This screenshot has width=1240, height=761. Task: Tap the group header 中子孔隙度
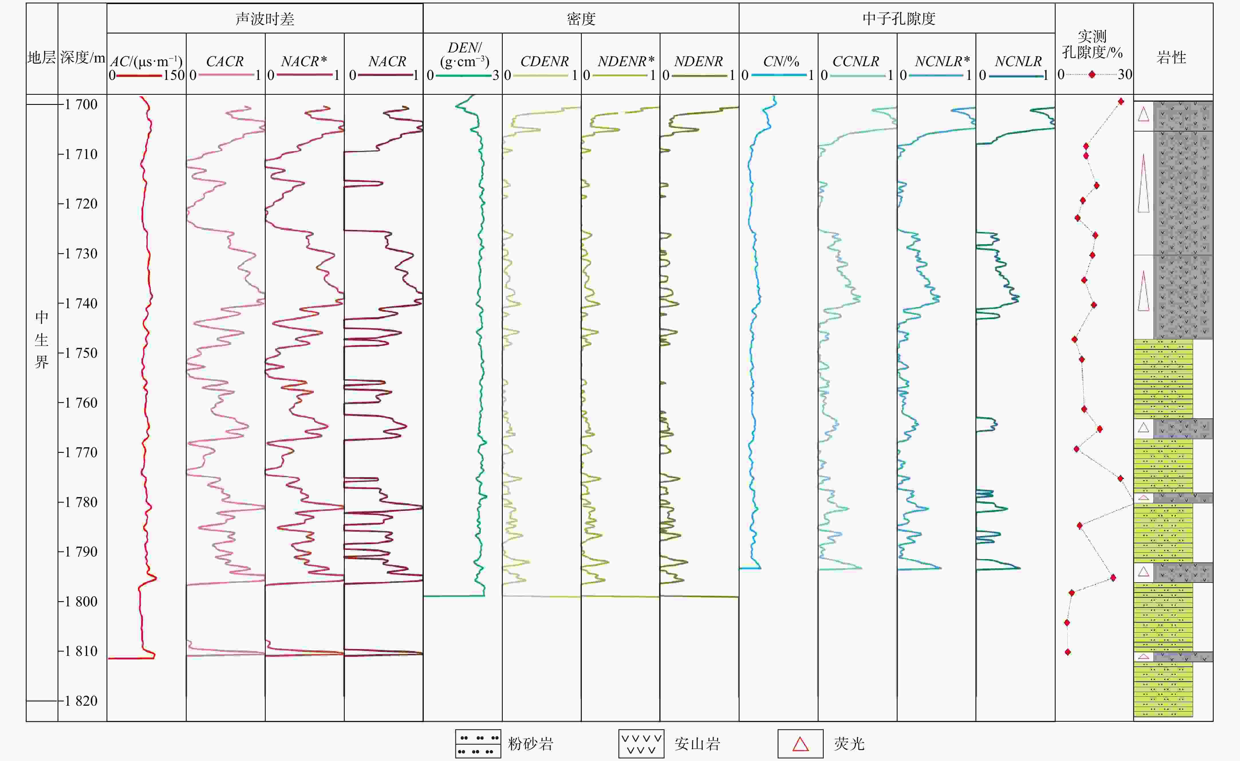pyautogui.click(x=899, y=19)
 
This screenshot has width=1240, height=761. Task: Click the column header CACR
pyautogui.click(x=225, y=61)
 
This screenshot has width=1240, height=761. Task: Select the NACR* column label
pyautogui.click(x=304, y=61)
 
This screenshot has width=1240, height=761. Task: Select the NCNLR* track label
pyautogui.click(x=942, y=61)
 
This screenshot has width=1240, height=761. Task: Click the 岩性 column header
pyautogui.click(x=1172, y=57)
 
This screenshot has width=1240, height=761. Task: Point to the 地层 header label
pyautogui.click(x=41, y=57)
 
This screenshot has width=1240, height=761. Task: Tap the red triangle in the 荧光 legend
pyautogui.click(x=801, y=744)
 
